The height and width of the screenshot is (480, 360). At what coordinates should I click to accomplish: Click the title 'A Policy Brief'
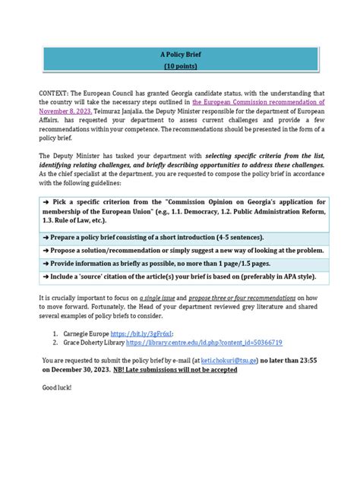(x=179, y=55)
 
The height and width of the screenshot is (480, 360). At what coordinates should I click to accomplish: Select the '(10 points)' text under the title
(x=179, y=68)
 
